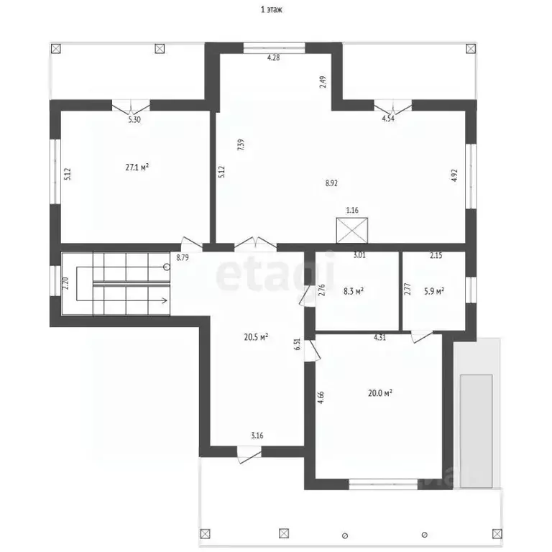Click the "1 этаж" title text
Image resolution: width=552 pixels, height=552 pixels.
click(272, 9)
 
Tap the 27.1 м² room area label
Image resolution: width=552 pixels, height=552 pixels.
click(137, 167)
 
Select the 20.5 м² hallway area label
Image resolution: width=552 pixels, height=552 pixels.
click(256, 337)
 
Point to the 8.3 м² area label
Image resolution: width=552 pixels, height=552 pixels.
click(354, 291)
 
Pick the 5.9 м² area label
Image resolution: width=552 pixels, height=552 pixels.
click(434, 291)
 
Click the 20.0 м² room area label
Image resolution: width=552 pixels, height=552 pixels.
click(380, 393)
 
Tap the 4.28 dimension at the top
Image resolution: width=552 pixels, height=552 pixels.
click(274, 57)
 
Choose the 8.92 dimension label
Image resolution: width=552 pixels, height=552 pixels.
click(331, 183)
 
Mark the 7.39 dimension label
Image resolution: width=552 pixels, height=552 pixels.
click(241, 145)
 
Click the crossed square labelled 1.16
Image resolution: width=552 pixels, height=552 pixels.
click(352, 231)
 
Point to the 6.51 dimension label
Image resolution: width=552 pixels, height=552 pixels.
click(298, 344)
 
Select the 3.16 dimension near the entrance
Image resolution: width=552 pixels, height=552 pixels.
click(257, 436)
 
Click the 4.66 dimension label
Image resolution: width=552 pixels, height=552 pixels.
click(321, 397)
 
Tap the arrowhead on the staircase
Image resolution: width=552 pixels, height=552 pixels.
click(165, 300)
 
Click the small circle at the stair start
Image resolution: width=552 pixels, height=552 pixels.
click(167, 267)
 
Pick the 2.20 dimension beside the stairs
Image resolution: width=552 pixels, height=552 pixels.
click(65, 283)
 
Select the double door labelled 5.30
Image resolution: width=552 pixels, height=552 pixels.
click(131, 106)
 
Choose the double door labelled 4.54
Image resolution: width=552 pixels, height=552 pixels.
click(393, 106)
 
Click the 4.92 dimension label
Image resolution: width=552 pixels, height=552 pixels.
click(454, 175)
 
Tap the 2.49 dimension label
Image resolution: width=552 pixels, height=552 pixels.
click(323, 82)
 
